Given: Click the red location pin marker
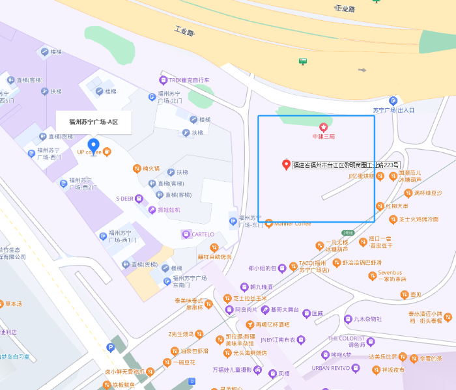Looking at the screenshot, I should tap(285, 164).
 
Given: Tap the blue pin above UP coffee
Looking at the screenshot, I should tap(93, 145).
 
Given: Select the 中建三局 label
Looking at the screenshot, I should tap(322, 136).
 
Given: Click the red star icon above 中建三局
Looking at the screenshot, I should tap(322, 126).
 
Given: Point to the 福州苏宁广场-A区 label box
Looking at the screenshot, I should tap(94, 122).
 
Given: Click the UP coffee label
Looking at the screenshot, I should tap(89, 152).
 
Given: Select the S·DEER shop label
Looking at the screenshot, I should tap(125, 199).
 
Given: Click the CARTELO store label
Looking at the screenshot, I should tap(202, 234).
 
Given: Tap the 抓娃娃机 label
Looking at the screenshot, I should tap(169, 210).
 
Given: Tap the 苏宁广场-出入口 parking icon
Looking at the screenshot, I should tap(393, 101).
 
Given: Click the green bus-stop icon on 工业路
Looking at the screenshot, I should tap(302, 61).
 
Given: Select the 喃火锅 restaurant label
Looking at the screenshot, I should tap(150, 169).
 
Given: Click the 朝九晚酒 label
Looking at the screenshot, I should tap(261, 286).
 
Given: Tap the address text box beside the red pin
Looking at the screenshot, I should tap(346, 165).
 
